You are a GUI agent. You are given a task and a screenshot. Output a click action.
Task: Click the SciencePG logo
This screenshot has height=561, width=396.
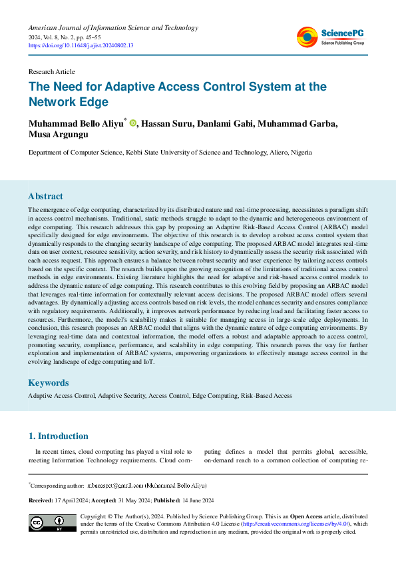(x=331, y=37)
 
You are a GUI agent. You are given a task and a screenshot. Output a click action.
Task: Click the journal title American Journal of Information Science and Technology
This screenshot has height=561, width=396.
(x=113, y=28)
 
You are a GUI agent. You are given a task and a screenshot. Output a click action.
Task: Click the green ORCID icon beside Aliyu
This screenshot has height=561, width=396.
(x=133, y=123)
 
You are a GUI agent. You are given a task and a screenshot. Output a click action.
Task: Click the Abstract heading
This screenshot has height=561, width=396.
(x=45, y=197)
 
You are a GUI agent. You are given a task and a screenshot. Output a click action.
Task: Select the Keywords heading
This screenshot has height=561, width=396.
(x=48, y=383)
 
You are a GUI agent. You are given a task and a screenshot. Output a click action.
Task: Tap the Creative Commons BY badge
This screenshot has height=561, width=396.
(x=52, y=524)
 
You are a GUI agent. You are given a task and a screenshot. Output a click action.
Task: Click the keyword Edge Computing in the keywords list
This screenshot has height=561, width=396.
(x=214, y=396)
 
